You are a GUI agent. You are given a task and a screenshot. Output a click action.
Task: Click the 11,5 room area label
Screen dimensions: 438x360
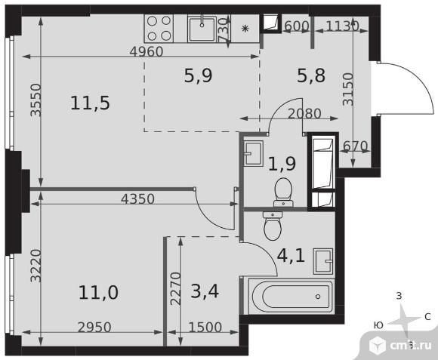click(x=90, y=103)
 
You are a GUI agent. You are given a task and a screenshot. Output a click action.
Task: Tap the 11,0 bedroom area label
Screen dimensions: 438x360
click(x=98, y=293)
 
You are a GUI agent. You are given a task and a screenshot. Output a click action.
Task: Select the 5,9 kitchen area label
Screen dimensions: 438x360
click(x=199, y=75)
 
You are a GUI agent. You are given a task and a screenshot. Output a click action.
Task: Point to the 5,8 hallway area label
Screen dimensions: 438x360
click(x=311, y=75)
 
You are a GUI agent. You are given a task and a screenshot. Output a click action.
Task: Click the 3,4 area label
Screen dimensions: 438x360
click(x=205, y=291)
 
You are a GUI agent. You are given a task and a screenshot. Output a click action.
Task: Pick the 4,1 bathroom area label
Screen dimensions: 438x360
click(x=291, y=256)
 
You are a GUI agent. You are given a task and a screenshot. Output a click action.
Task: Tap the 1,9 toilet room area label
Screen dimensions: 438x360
click(x=282, y=164)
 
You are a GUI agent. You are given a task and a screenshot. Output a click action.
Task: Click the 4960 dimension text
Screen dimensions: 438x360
click(x=147, y=52)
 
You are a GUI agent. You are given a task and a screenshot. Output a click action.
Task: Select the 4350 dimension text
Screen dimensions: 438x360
click(x=137, y=199)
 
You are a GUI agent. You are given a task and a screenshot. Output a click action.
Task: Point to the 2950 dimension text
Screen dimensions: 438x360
click(x=94, y=328)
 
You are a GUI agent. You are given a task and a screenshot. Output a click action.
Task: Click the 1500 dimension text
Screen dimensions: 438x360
click(x=205, y=327)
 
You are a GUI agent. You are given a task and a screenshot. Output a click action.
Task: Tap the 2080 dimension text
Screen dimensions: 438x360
click(x=304, y=113)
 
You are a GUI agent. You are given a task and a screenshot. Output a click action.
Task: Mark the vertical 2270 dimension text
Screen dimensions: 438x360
click(x=176, y=288)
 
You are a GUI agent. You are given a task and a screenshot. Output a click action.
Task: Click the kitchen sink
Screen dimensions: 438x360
click(x=202, y=29)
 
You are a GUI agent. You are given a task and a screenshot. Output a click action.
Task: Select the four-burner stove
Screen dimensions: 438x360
click(x=159, y=29)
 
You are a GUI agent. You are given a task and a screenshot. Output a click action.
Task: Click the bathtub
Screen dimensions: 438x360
click(x=291, y=297)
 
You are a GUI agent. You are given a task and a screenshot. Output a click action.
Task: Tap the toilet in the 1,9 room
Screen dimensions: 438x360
click(x=283, y=192)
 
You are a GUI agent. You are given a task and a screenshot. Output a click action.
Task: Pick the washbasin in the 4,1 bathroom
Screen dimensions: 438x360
click(x=323, y=261)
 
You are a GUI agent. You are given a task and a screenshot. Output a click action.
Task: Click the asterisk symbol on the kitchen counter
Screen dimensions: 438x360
click(x=245, y=29)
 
